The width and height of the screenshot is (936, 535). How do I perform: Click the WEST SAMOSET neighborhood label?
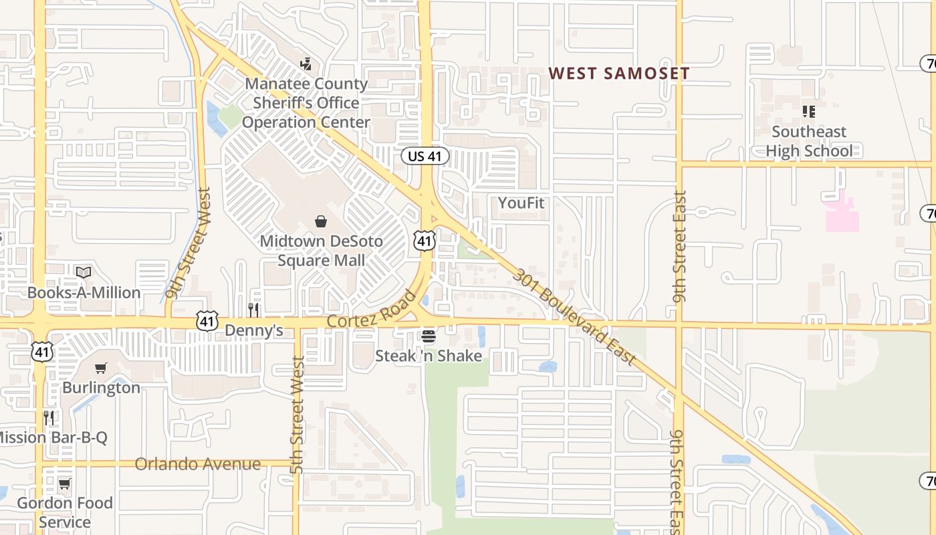tap(619, 74)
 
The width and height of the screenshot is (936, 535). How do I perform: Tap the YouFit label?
tap(521, 203)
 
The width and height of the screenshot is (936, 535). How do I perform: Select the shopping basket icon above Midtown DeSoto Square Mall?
tap(321, 221)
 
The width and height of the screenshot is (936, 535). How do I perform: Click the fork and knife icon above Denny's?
tap(253, 310)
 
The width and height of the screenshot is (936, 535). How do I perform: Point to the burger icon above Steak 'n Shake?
tap(429, 336)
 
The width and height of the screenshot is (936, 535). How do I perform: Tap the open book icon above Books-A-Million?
tap(84, 272)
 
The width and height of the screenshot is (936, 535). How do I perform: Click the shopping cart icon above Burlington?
tap(101, 368)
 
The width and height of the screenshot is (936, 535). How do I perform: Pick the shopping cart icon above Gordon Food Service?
tap(65, 483)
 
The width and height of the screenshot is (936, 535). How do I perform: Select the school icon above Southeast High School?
tap(809, 112)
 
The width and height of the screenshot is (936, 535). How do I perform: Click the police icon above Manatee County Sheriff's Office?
tap(306, 64)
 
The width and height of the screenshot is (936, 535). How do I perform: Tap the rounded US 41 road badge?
tap(425, 156)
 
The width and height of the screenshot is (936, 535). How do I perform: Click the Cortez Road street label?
tap(371, 309)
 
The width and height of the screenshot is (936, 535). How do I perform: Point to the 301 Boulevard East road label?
tap(574, 317)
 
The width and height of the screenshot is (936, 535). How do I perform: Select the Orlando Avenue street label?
tap(198, 464)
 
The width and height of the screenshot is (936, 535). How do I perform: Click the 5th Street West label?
tap(298, 415)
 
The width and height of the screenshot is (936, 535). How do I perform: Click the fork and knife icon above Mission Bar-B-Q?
tap(49, 418)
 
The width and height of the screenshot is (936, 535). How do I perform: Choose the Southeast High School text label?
tap(809, 141)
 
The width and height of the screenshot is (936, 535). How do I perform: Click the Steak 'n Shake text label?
tap(429, 356)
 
